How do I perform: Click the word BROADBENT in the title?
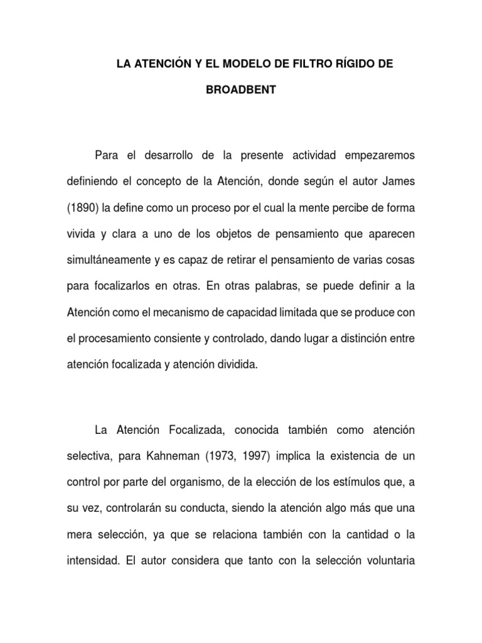(241, 90)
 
